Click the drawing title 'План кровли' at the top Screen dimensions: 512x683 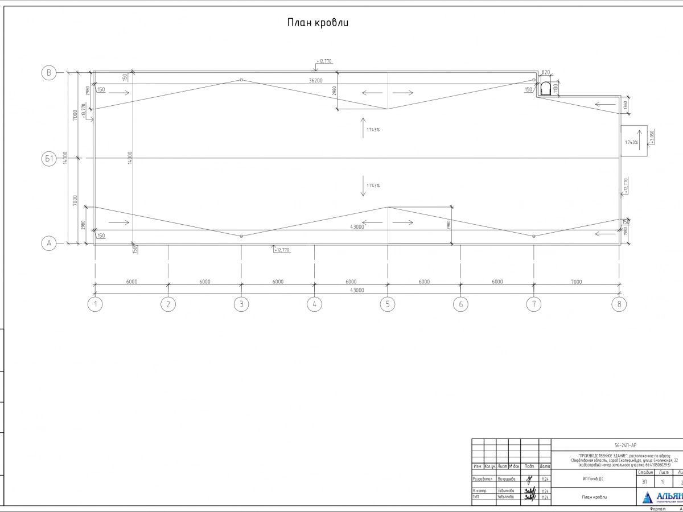(317, 23)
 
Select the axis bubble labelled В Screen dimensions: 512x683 (49, 72)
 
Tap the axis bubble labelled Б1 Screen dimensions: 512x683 (49, 159)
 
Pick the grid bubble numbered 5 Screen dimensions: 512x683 (387, 304)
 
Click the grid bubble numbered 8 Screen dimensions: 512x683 (619, 304)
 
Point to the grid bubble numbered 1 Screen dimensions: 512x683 (95, 304)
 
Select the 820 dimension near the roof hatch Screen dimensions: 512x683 (546, 73)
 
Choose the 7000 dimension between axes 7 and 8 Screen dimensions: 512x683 (576, 282)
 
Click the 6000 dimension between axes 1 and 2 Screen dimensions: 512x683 (131, 282)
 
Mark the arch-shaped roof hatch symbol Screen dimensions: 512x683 (545, 89)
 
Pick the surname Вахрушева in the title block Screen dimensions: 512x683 (506, 479)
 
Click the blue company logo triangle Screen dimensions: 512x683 (648, 498)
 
